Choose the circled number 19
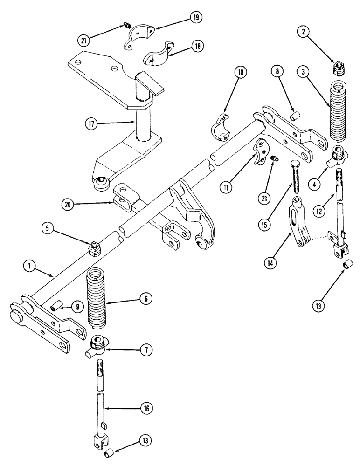coord(194,18)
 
